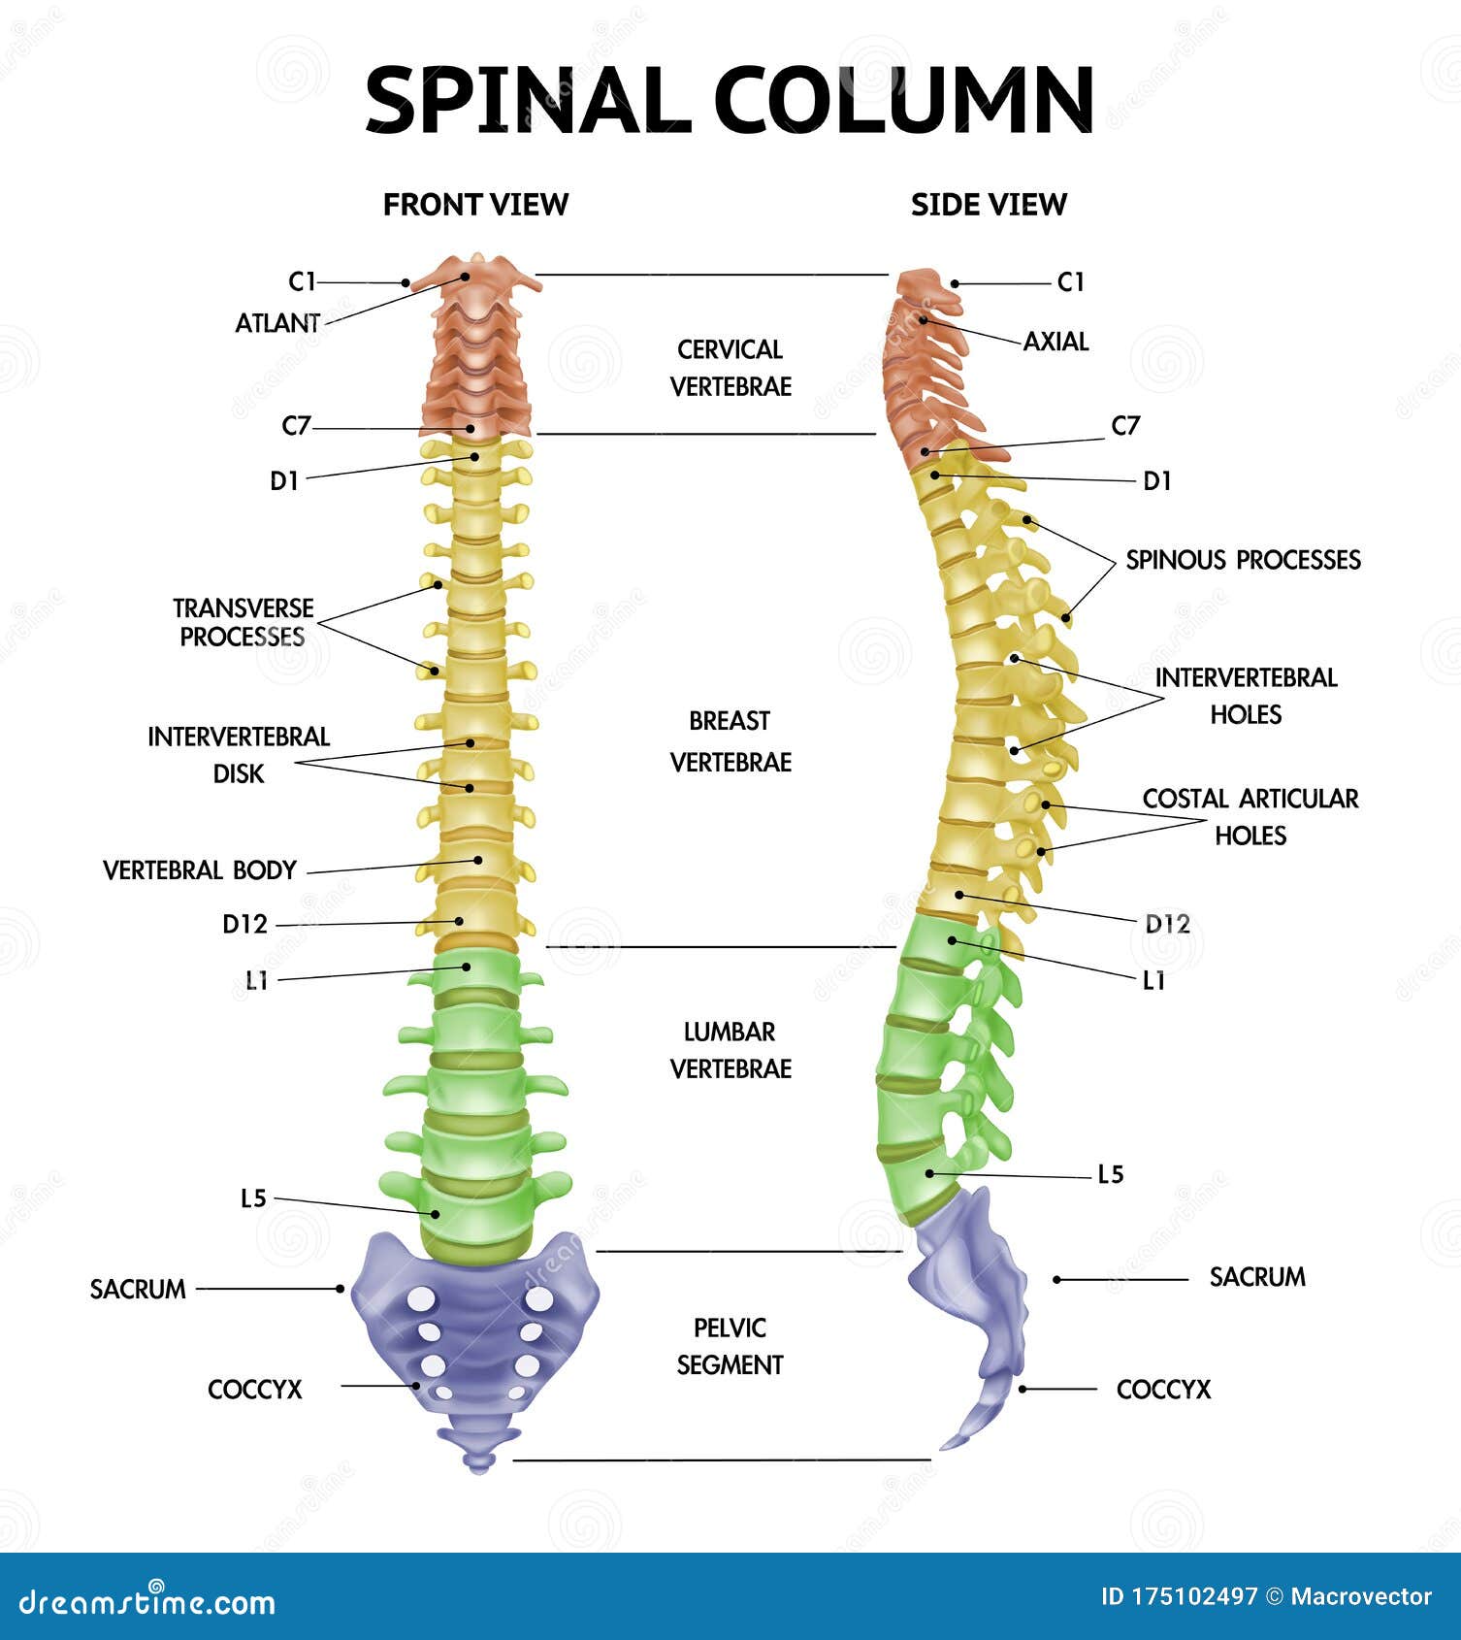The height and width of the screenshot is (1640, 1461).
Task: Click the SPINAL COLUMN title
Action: click(x=730, y=100)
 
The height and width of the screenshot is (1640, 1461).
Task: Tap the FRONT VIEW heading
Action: click(x=475, y=205)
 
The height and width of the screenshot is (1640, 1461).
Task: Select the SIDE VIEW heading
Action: click(x=989, y=205)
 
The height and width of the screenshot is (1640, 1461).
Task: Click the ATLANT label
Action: click(x=277, y=323)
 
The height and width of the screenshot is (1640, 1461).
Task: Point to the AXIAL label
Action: click(x=1055, y=342)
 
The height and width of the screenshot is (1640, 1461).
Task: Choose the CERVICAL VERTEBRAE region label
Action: click(x=730, y=368)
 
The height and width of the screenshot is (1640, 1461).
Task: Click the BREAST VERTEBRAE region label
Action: click(x=730, y=741)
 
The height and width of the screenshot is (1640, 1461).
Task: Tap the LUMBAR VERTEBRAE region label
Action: click(x=730, y=1050)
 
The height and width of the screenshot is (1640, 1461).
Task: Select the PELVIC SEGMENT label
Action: click(x=730, y=1346)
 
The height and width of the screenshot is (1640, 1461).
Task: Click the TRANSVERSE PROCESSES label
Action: click(x=243, y=622)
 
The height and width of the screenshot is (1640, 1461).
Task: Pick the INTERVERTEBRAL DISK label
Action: click(x=239, y=755)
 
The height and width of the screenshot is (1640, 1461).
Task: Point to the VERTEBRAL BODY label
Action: click(x=200, y=870)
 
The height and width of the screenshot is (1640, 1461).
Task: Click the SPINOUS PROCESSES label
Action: click(x=1243, y=560)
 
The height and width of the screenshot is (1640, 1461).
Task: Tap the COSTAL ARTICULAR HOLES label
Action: click(x=1250, y=816)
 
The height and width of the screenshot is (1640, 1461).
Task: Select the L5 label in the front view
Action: click(x=253, y=1198)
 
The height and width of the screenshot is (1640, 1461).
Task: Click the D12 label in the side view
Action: click(x=1167, y=924)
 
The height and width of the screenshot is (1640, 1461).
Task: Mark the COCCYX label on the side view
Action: click(x=1163, y=1390)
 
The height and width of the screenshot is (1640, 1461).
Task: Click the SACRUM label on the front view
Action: click(x=138, y=1290)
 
